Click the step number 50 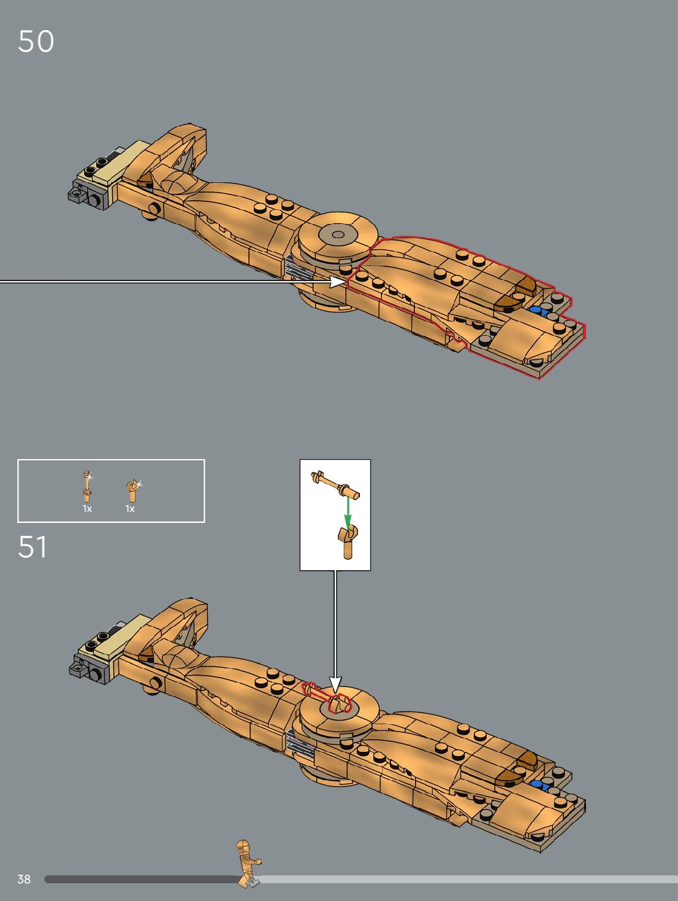click(36, 42)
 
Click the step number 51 click(32, 547)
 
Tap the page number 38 click(24, 879)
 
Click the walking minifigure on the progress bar click(248, 863)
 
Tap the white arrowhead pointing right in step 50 click(337, 281)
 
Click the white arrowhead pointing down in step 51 click(335, 683)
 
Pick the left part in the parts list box click(88, 486)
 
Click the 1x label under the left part click(87, 509)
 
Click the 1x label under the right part click(130, 509)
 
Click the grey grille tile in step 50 click(297, 269)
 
